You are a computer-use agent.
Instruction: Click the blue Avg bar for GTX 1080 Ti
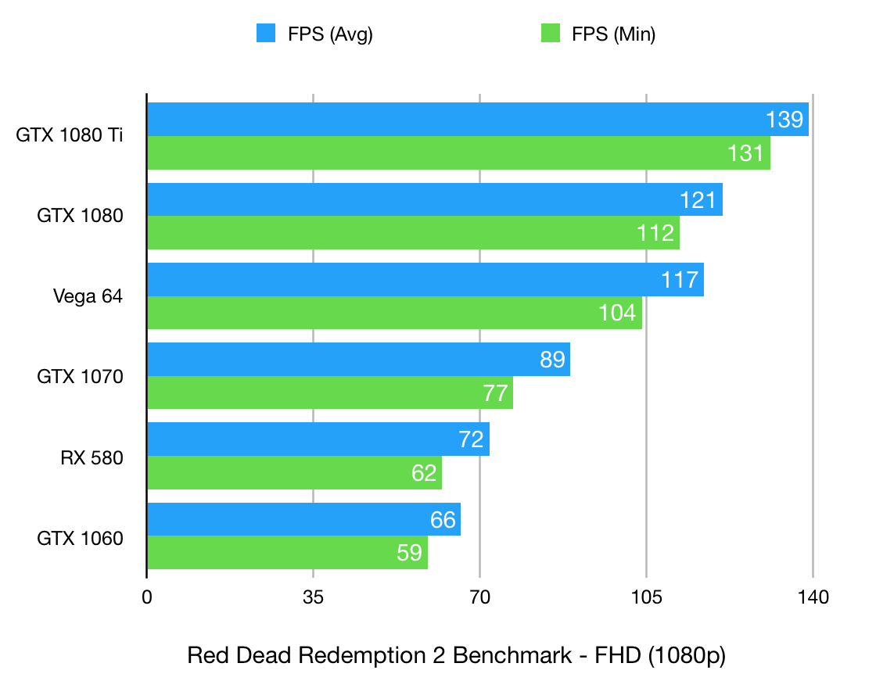point(477,120)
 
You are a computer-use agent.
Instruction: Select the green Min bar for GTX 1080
point(413,233)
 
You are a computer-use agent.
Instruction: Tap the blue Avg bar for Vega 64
point(425,279)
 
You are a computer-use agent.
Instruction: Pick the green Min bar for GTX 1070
point(329,393)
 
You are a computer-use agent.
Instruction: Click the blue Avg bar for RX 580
point(318,439)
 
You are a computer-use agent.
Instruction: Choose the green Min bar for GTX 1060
point(287,553)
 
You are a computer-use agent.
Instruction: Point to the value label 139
point(784,120)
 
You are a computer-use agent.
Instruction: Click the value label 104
point(618,313)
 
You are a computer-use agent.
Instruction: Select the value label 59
point(411,553)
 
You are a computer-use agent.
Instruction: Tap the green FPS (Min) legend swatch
point(551,34)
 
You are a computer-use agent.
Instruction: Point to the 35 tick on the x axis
point(313,598)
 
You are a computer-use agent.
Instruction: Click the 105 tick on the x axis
point(646,598)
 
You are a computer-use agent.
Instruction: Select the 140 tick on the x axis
point(813,598)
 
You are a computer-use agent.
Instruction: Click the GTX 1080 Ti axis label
point(70,135)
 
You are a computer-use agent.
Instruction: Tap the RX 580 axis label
point(92,457)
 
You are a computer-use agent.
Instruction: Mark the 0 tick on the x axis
point(147,598)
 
